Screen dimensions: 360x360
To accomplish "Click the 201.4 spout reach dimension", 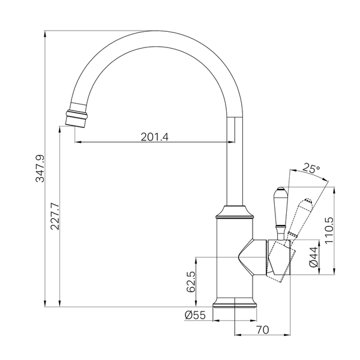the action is [x=155, y=137].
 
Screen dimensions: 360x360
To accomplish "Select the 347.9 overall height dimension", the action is [x=40, y=169].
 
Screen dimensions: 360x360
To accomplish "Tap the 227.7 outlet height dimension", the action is [x=55, y=216].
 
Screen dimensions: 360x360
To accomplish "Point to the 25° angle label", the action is [x=311, y=169].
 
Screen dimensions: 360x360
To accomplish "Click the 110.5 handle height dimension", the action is [x=329, y=230].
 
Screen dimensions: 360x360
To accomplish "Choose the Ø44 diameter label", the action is [x=314, y=257].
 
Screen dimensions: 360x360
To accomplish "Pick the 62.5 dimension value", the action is [x=191, y=281].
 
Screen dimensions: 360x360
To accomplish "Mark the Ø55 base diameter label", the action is [x=195, y=315].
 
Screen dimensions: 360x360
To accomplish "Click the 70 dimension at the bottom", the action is [x=262, y=330].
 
